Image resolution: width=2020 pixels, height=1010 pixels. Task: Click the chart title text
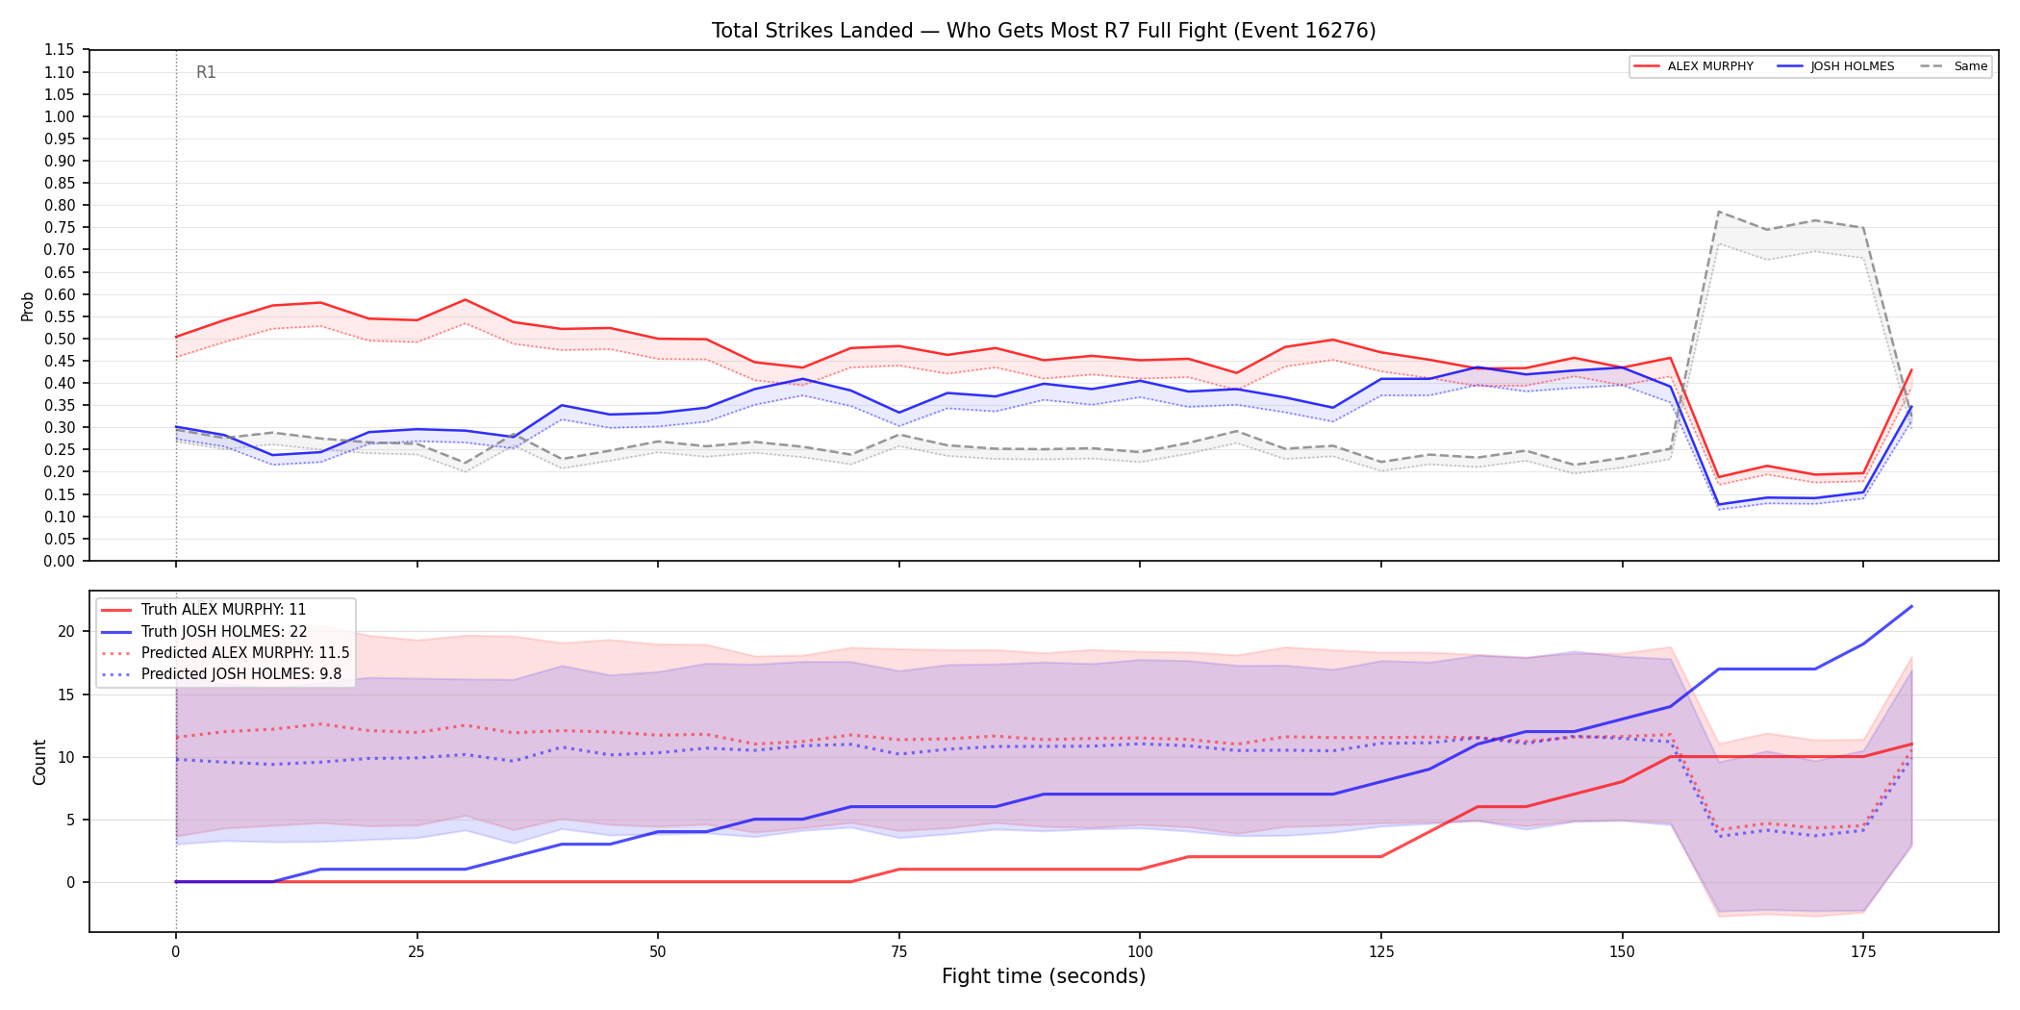click(1044, 31)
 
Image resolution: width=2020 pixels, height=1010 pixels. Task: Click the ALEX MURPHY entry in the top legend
click(1693, 66)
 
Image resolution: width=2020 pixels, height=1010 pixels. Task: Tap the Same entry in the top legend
click(1954, 66)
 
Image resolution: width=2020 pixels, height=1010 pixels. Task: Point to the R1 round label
click(206, 72)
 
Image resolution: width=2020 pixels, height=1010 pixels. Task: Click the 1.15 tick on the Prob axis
click(60, 50)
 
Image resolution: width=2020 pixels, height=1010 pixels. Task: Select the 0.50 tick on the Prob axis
click(60, 339)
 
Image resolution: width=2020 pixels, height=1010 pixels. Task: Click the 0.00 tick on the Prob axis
click(60, 561)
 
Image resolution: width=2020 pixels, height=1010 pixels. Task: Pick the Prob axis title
click(28, 306)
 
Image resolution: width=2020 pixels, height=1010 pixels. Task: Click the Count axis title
click(39, 762)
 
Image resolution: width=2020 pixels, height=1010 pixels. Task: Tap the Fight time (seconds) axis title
click(1044, 976)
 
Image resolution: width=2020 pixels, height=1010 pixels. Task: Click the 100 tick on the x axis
click(1139, 952)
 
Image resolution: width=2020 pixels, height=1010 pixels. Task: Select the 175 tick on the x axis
click(1863, 952)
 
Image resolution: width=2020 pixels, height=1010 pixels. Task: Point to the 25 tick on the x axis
click(417, 952)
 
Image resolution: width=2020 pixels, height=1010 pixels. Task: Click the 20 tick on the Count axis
click(66, 632)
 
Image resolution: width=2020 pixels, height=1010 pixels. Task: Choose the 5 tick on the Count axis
click(70, 821)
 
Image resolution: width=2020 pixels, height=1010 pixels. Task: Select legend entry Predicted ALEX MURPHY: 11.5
click(225, 653)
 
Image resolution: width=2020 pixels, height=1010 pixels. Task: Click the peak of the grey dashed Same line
click(1719, 212)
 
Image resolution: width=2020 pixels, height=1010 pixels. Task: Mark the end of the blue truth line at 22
click(1911, 606)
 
